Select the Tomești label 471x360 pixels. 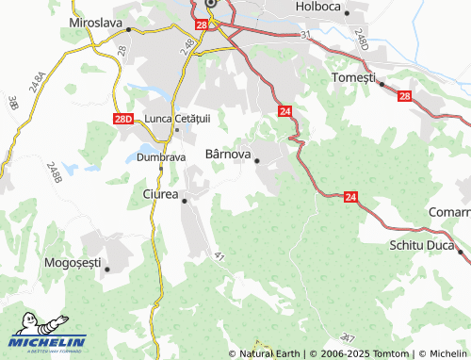pyautogui.click(x=354, y=75)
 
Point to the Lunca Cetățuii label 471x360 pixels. pyautogui.click(x=178, y=118)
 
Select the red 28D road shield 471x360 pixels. pyautogui.click(x=122, y=120)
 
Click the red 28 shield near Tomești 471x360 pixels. pyautogui.click(x=404, y=95)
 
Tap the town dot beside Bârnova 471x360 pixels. pyautogui.click(x=257, y=161)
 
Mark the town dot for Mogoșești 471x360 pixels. pyautogui.click(x=107, y=270)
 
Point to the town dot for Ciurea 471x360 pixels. pyautogui.click(x=185, y=201)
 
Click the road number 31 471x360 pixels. pyautogui.click(x=305, y=35)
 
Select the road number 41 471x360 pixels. pyautogui.click(x=219, y=255)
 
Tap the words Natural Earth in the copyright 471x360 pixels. pyautogui.click(x=270, y=353)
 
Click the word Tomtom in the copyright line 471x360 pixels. pyautogui.click(x=389, y=353)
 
